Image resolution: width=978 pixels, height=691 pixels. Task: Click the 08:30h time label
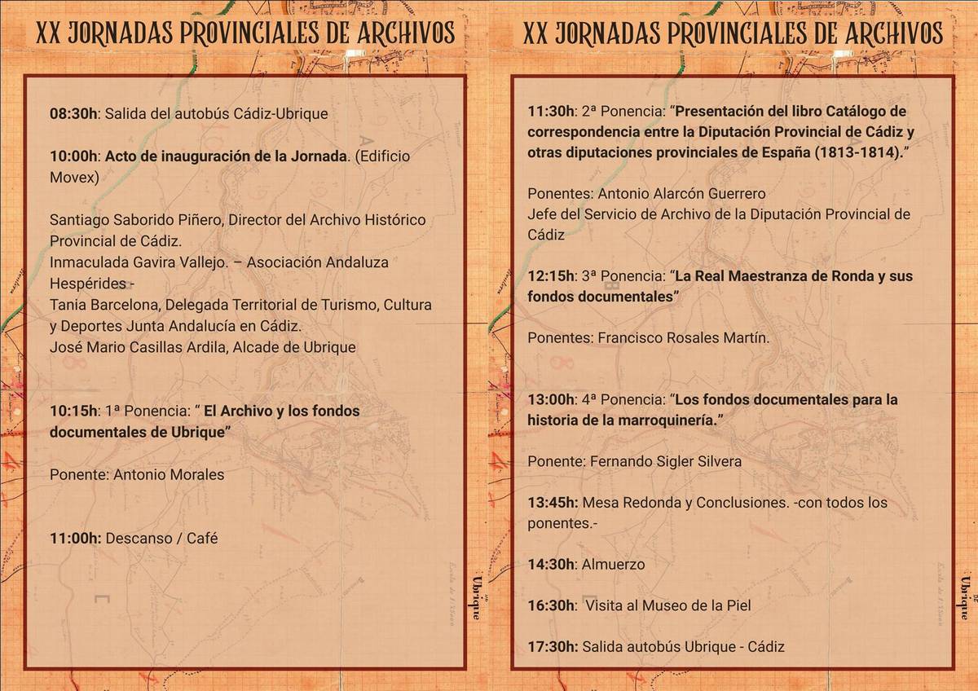click(x=73, y=114)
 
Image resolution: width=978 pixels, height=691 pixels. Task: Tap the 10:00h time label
click(x=73, y=156)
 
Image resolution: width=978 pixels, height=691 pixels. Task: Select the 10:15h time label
click(x=73, y=411)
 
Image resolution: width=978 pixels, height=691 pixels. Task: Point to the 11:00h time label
click(x=75, y=538)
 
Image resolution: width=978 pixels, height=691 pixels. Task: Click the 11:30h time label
click(x=552, y=111)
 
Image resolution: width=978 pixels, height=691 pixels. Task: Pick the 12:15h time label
click(x=552, y=276)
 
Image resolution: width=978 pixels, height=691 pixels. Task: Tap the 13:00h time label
click(x=552, y=399)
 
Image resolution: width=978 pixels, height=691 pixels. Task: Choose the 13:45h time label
click(x=553, y=503)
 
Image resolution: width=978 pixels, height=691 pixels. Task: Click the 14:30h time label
click(x=552, y=564)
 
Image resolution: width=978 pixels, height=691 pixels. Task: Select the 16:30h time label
click(x=552, y=605)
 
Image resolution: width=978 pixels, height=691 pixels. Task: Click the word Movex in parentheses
click(x=73, y=178)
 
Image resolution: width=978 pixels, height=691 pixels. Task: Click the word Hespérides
click(x=88, y=284)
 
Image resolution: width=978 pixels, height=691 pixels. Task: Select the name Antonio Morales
click(x=168, y=474)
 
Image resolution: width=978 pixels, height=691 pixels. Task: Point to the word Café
click(x=203, y=538)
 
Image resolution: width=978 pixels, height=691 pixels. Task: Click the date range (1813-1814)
click(x=861, y=152)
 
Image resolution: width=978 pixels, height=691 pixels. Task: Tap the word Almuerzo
click(x=613, y=564)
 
